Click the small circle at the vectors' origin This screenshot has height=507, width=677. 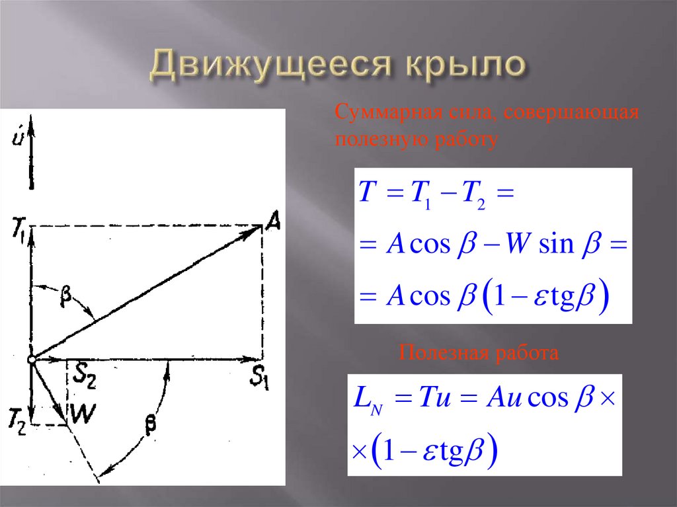[31, 360]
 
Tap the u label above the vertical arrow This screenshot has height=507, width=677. [17, 138]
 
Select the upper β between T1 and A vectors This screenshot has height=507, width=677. [65, 298]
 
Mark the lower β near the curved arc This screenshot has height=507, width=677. [151, 428]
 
